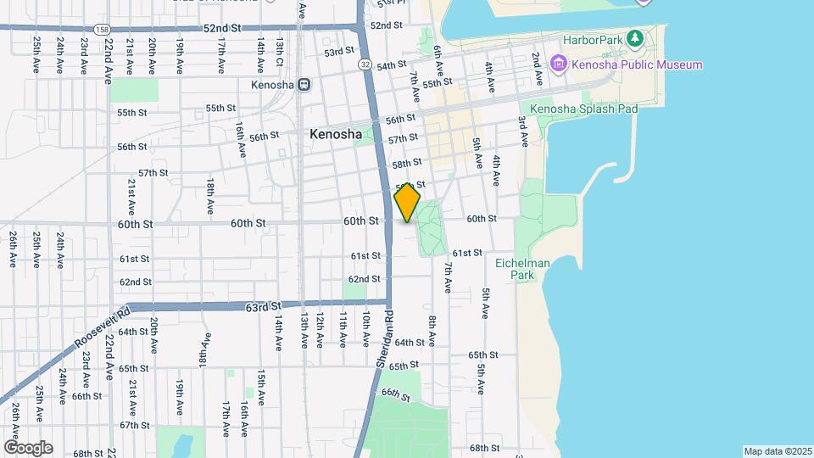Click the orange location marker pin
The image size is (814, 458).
click(x=407, y=204)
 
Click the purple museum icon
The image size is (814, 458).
click(x=558, y=64)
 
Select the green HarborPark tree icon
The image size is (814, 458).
click(x=633, y=39)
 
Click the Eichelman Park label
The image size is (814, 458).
click(x=522, y=270)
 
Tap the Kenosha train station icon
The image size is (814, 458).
click(x=304, y=85)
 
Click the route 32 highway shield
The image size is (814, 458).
click(x=364, y=64)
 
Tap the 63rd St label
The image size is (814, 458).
click(x=263, y=305)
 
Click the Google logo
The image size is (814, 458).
click(x=27, y=447)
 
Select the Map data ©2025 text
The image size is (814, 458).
click(x=777, y=451)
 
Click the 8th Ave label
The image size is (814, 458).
click(x=432, y=331)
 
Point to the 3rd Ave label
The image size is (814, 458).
click(x=523, y=131)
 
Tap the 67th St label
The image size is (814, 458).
click(x=134, y=425)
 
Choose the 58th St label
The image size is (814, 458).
click(x=407, y=163)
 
